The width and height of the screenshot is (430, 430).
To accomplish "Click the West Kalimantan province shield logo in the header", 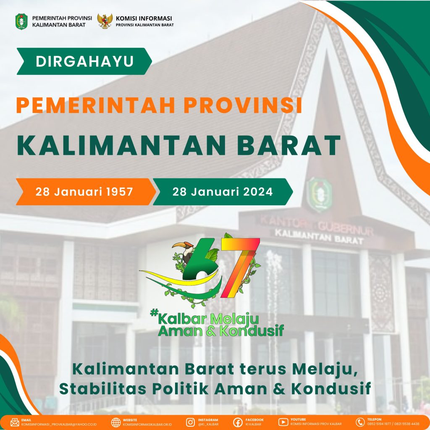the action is click(21, 21).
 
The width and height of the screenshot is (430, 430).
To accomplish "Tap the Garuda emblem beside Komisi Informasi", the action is click(105, 21).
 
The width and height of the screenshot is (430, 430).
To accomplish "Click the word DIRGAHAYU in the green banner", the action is click(85, 61).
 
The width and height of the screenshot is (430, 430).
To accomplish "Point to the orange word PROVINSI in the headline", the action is click(243, 105).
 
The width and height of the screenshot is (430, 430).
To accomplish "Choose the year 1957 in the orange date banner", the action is click(119, 191).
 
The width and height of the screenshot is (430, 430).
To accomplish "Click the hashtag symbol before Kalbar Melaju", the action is click(155, 312).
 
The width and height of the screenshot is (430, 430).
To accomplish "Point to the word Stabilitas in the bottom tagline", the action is click(103, 388).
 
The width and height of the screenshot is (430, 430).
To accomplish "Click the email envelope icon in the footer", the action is click(15, 422).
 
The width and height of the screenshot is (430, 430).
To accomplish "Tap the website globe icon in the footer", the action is click(116, 422).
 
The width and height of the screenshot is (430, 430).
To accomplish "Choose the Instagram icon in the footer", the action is click(190, 422).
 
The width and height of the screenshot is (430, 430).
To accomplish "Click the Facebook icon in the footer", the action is click(238, 422).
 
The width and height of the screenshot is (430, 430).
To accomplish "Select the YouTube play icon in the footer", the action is click(283, 422).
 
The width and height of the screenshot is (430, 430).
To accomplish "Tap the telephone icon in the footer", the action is click(360, 422).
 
